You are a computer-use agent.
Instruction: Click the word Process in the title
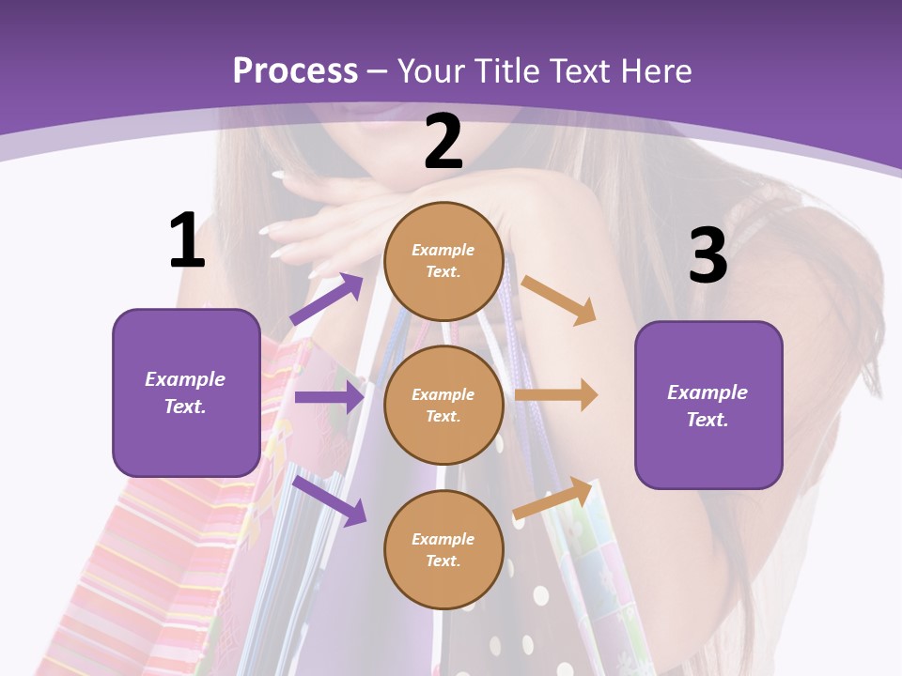tap(296, 70)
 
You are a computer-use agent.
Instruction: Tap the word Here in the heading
tap(656, 70)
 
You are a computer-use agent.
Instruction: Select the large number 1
tap(188, 239)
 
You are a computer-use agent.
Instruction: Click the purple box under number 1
tap(186, 392)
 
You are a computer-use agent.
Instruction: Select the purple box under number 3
tap(708, 406)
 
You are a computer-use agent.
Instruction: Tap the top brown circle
tap(443, 261)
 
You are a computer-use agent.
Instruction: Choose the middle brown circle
tap(443, 406)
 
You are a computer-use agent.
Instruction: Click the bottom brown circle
tap(443, 550)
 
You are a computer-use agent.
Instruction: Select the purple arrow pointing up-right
tap(327, 299)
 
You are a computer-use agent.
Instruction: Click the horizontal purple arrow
tap(329, 397)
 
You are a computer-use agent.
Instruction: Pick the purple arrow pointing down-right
tap(330, 500)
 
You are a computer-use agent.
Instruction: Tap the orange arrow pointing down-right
tap(558, 300)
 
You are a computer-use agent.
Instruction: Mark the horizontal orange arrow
tap(556, 395)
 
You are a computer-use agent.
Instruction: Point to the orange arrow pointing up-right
tap(552, 499)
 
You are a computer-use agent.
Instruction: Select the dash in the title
tap(377, 73)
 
